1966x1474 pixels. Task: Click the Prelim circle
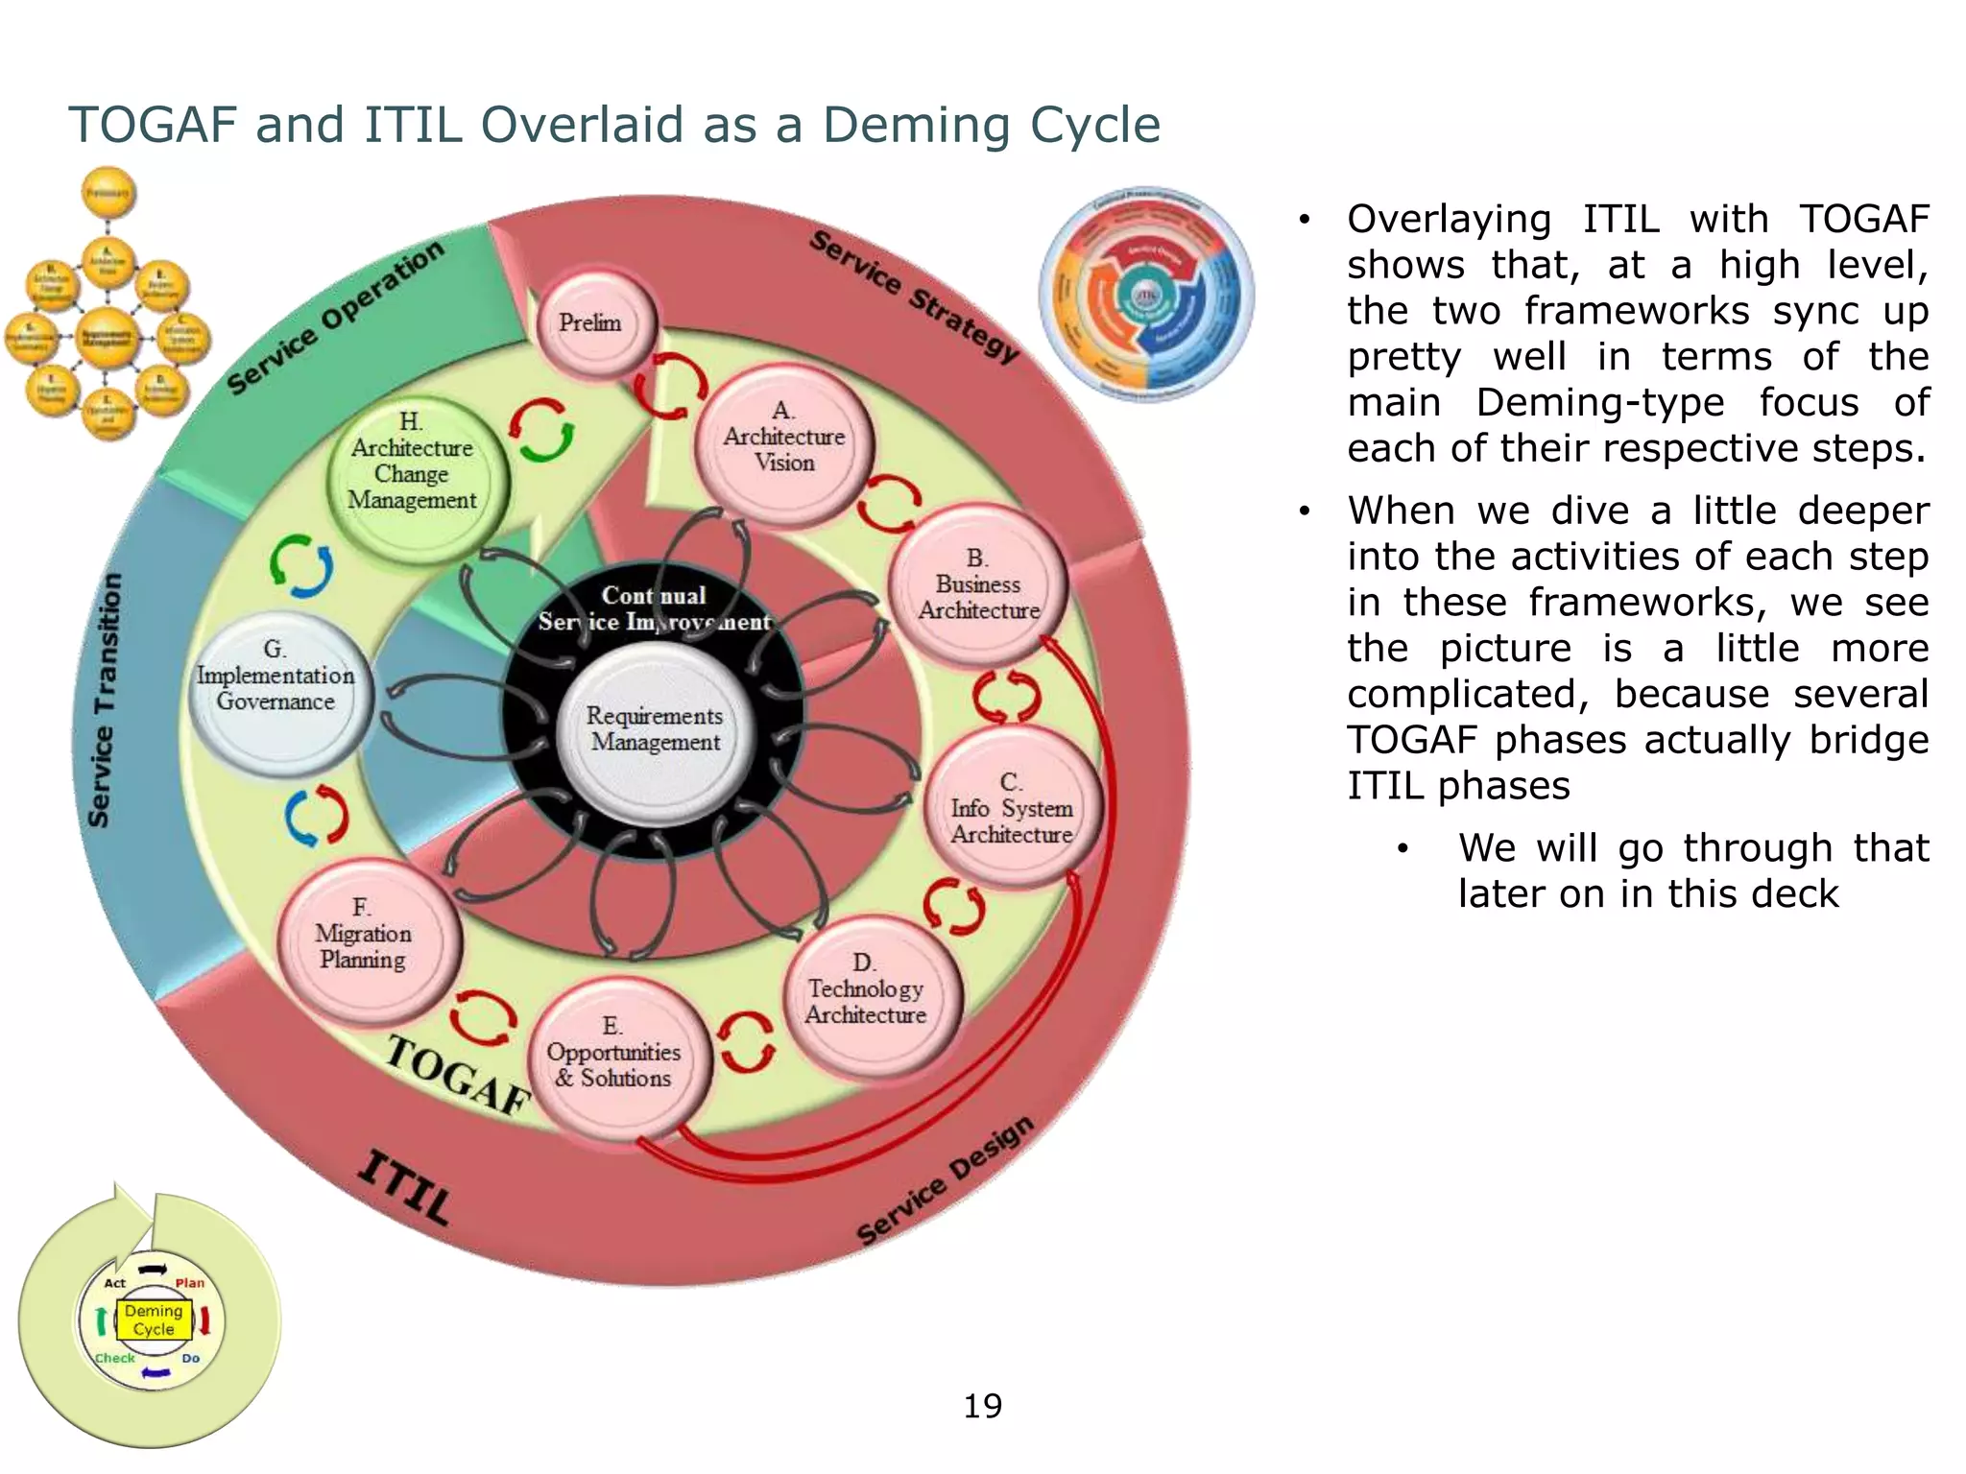point(592,323)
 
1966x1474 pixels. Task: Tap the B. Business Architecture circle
point(977,584)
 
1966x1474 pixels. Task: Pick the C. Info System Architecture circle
point(1012,809)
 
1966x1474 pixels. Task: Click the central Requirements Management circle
point(656,731)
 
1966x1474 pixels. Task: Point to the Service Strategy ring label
point(913,296)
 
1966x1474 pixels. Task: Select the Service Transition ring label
point(106,701)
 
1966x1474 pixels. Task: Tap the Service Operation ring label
point(335,317)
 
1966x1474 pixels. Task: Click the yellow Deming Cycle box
point(154,1319)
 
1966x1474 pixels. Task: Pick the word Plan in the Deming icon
point(190,1283)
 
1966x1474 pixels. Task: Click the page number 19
point(982,1406)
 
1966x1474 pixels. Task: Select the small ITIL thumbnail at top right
point(1146,294)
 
